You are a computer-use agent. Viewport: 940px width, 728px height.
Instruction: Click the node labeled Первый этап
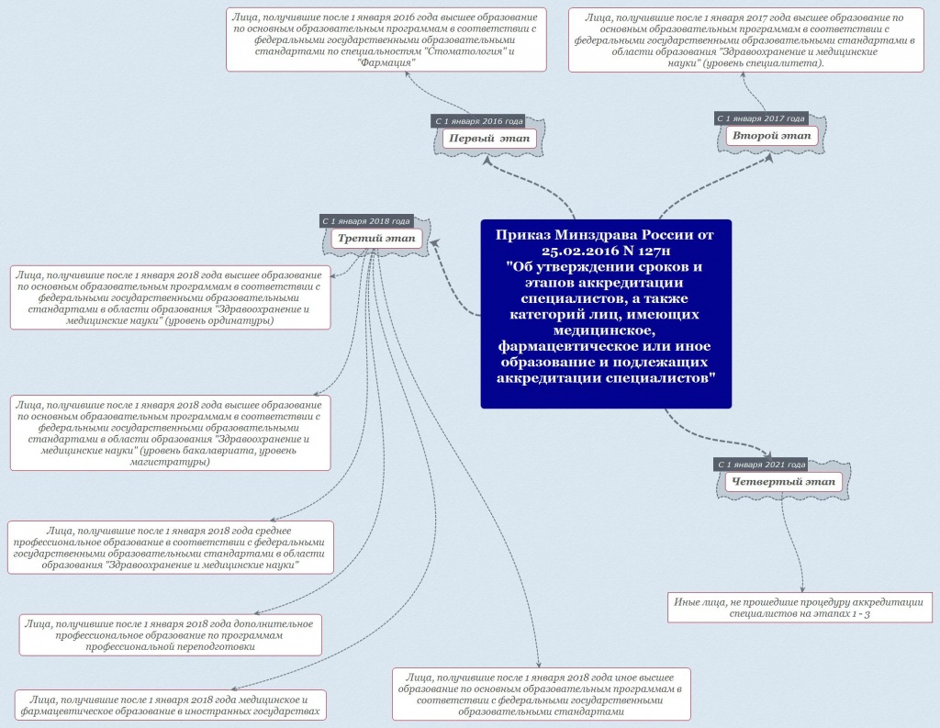tap(489, 139)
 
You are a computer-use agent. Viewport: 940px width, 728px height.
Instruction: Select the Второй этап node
tap(771, 136)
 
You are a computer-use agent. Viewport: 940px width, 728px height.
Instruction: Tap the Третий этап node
tap(376, 238)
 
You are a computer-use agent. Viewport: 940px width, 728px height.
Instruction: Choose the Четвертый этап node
tap(783, 482)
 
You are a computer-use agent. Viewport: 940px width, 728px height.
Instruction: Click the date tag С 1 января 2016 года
tap(478, 121)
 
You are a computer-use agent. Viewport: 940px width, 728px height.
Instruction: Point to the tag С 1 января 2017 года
tap(761, 118)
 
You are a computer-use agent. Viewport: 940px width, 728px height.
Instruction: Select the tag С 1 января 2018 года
tap(366, 221)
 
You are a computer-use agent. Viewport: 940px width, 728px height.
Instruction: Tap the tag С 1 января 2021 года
tap(761, 465)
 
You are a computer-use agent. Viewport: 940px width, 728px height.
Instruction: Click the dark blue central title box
tap(606, 314)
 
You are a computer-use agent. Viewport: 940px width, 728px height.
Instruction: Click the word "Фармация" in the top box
tap(386, 62)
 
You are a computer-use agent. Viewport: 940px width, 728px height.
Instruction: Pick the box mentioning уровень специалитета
tap(745, 40)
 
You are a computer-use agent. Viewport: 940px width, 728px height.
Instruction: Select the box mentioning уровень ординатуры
tap(170, 297)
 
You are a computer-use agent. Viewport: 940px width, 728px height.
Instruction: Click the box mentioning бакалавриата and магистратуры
tap(170, 433)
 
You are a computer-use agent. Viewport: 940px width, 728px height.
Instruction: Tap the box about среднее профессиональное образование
tap(170, 547)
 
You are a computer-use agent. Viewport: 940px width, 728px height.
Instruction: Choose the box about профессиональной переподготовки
tap(170, 635)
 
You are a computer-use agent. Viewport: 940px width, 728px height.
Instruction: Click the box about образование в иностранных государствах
tap(170, 705)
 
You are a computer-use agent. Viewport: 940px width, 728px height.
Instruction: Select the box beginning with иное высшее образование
tap(542, 694)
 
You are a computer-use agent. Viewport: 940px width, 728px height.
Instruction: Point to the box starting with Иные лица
tap(800, 608)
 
